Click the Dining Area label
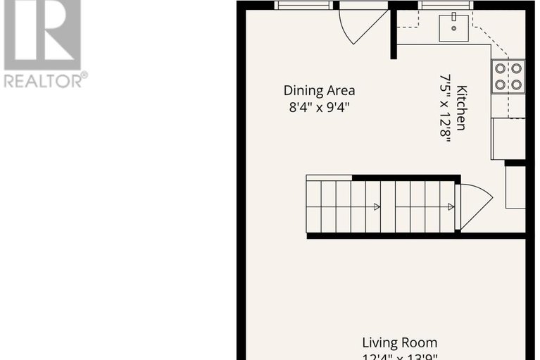[x=319, y=90]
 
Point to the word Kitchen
[x=462, y=107]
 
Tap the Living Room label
[x=398, y=343]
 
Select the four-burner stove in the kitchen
[x=508, y=76]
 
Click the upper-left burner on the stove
[x=501, y=68]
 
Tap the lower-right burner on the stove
[x=516, y=84]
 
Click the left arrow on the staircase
[x=376, y=206]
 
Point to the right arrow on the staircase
[x=450, y=206]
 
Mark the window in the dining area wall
[x=303, y=5]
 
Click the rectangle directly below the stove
[x=508, y=138]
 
